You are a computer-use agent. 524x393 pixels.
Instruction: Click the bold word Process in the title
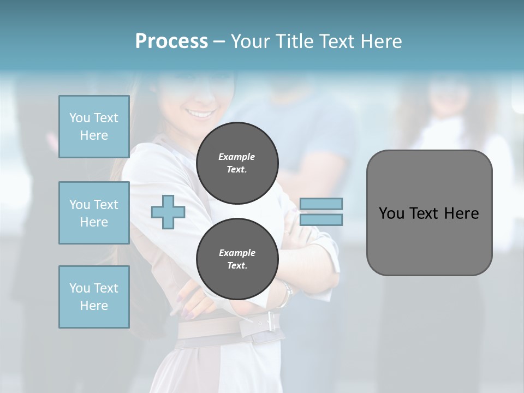coord(171,41)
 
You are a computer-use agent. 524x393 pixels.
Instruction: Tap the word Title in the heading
coord(295,41)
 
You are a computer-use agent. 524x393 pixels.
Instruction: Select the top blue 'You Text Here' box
coord(94,127)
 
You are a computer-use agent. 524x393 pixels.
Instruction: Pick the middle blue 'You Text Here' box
coord(94,213)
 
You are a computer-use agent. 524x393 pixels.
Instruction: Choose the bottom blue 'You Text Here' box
coord(94,297)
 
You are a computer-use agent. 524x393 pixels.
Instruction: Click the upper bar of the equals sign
coord(321,204)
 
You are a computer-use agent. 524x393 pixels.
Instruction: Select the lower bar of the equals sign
coord(321,220)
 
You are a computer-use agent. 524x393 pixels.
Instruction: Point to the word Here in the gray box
coord(461,213)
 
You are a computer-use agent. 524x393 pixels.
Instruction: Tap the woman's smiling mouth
coord(199,114)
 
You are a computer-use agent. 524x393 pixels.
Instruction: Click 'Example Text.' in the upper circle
coord(237,163)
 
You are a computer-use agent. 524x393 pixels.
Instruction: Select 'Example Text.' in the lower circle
coord(237,259)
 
